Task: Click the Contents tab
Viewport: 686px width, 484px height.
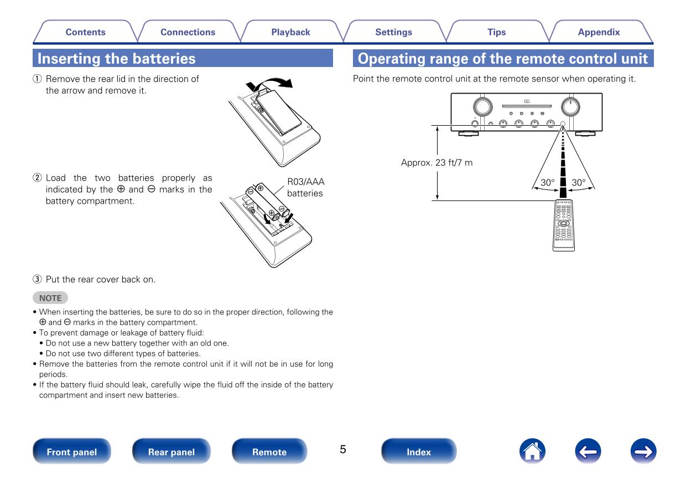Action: point(85,32)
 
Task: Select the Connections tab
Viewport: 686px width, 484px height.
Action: point(188,32)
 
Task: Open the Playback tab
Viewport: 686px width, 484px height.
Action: point(290,32)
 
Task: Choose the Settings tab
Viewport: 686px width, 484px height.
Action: point(393,32)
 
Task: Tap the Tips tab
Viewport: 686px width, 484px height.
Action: point(496,32)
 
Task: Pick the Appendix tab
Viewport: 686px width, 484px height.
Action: point(599,32)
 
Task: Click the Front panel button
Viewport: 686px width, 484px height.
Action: point(72,451)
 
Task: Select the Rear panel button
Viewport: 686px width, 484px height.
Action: point(171,451)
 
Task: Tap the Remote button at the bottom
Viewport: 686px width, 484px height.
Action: point(269,451)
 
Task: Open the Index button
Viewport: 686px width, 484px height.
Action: point(419,451)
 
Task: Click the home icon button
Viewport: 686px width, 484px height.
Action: point(532,451)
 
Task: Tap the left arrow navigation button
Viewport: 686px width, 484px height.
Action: point(588,451)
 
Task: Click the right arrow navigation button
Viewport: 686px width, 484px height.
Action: point(643,451)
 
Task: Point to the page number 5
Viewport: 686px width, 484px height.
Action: point(343,449)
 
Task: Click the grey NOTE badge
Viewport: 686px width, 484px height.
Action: point(50,298)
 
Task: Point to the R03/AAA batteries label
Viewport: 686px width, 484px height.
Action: point(305,187)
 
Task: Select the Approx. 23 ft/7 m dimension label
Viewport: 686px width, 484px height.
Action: point(436,163)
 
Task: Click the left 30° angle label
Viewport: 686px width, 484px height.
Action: point(547,182)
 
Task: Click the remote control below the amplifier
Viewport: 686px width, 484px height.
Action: point(563,225)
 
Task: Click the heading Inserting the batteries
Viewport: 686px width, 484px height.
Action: point(117,59)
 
